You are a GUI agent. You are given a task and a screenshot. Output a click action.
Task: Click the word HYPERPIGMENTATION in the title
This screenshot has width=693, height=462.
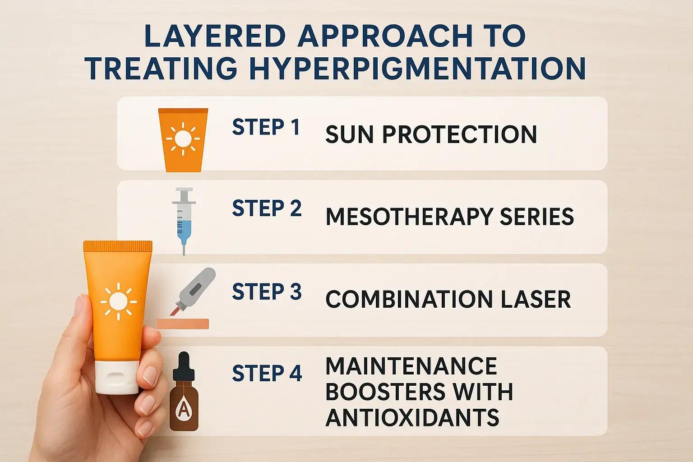417,69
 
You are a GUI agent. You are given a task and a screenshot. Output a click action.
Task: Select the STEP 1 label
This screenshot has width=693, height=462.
266,127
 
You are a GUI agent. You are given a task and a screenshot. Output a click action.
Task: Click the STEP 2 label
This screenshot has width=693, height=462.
267,209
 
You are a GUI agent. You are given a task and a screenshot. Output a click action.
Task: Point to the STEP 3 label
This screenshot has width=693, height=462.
267,292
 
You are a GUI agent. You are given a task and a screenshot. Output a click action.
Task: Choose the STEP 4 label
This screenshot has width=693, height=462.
267,374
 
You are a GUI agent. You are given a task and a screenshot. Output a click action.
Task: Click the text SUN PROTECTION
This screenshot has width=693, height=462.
431,134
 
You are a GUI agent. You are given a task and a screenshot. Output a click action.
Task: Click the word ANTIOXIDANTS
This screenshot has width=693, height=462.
412,417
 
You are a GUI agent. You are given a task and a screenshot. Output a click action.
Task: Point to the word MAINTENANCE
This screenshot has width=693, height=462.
411,366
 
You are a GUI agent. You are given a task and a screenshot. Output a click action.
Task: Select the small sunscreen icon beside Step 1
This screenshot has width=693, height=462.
183,139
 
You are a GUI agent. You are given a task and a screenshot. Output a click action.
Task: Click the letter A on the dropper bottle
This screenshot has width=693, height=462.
184,409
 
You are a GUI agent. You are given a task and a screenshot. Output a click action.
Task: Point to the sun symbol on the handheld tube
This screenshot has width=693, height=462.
118,301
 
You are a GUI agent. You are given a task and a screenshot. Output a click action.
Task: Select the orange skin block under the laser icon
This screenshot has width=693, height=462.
183,323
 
